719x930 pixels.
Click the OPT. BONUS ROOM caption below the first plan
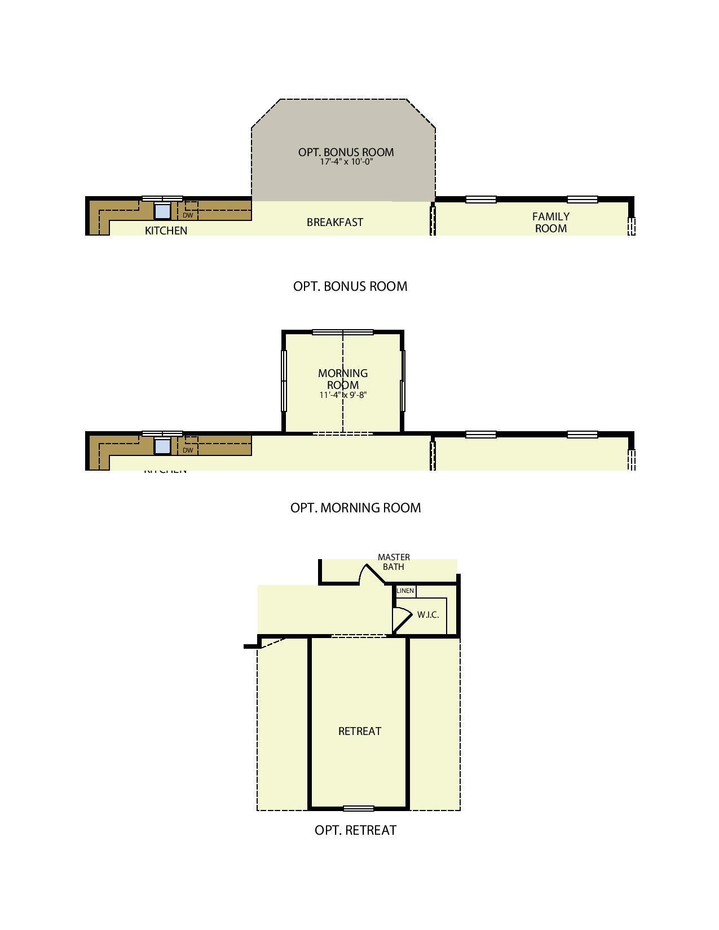click(350, 286)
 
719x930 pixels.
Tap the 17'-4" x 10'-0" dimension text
click(346, 162)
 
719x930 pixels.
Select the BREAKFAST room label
click(334, 222)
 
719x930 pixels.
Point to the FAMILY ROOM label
click(551, 222)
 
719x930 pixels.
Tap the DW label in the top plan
click(188, 215)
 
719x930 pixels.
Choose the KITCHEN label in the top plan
click(166, 231)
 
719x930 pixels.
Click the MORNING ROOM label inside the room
click(343, 379)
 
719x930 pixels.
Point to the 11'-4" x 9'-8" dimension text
click(343, 395)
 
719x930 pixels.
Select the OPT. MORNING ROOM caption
click(355, 508)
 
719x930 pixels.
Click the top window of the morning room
click(343, 333)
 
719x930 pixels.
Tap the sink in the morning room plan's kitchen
click(162, 446)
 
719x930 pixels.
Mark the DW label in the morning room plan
click(188, 450)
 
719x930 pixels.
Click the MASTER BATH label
click(394, 562)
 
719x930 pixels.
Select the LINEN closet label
click(405, 591)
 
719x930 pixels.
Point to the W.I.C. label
click(428, 615)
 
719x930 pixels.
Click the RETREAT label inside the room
click(360, 731)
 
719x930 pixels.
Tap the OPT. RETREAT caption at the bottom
click(355, 830)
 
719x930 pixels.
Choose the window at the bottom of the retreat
click(359, 809)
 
